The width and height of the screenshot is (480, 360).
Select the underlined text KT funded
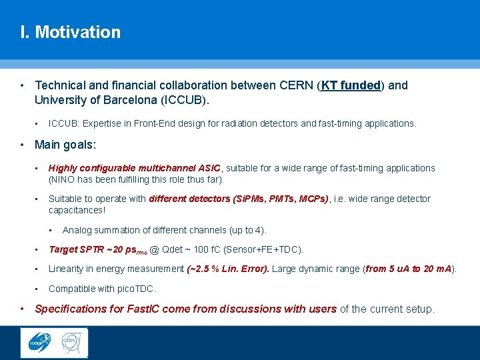pos(350,85)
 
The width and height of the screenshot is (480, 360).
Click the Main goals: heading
pos(65,145)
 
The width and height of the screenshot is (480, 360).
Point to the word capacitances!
pos(77,210)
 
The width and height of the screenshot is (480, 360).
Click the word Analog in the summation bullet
pos(76,230)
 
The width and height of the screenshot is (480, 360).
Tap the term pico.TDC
pos(135,289)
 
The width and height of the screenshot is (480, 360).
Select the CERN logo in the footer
pos(71,343)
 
